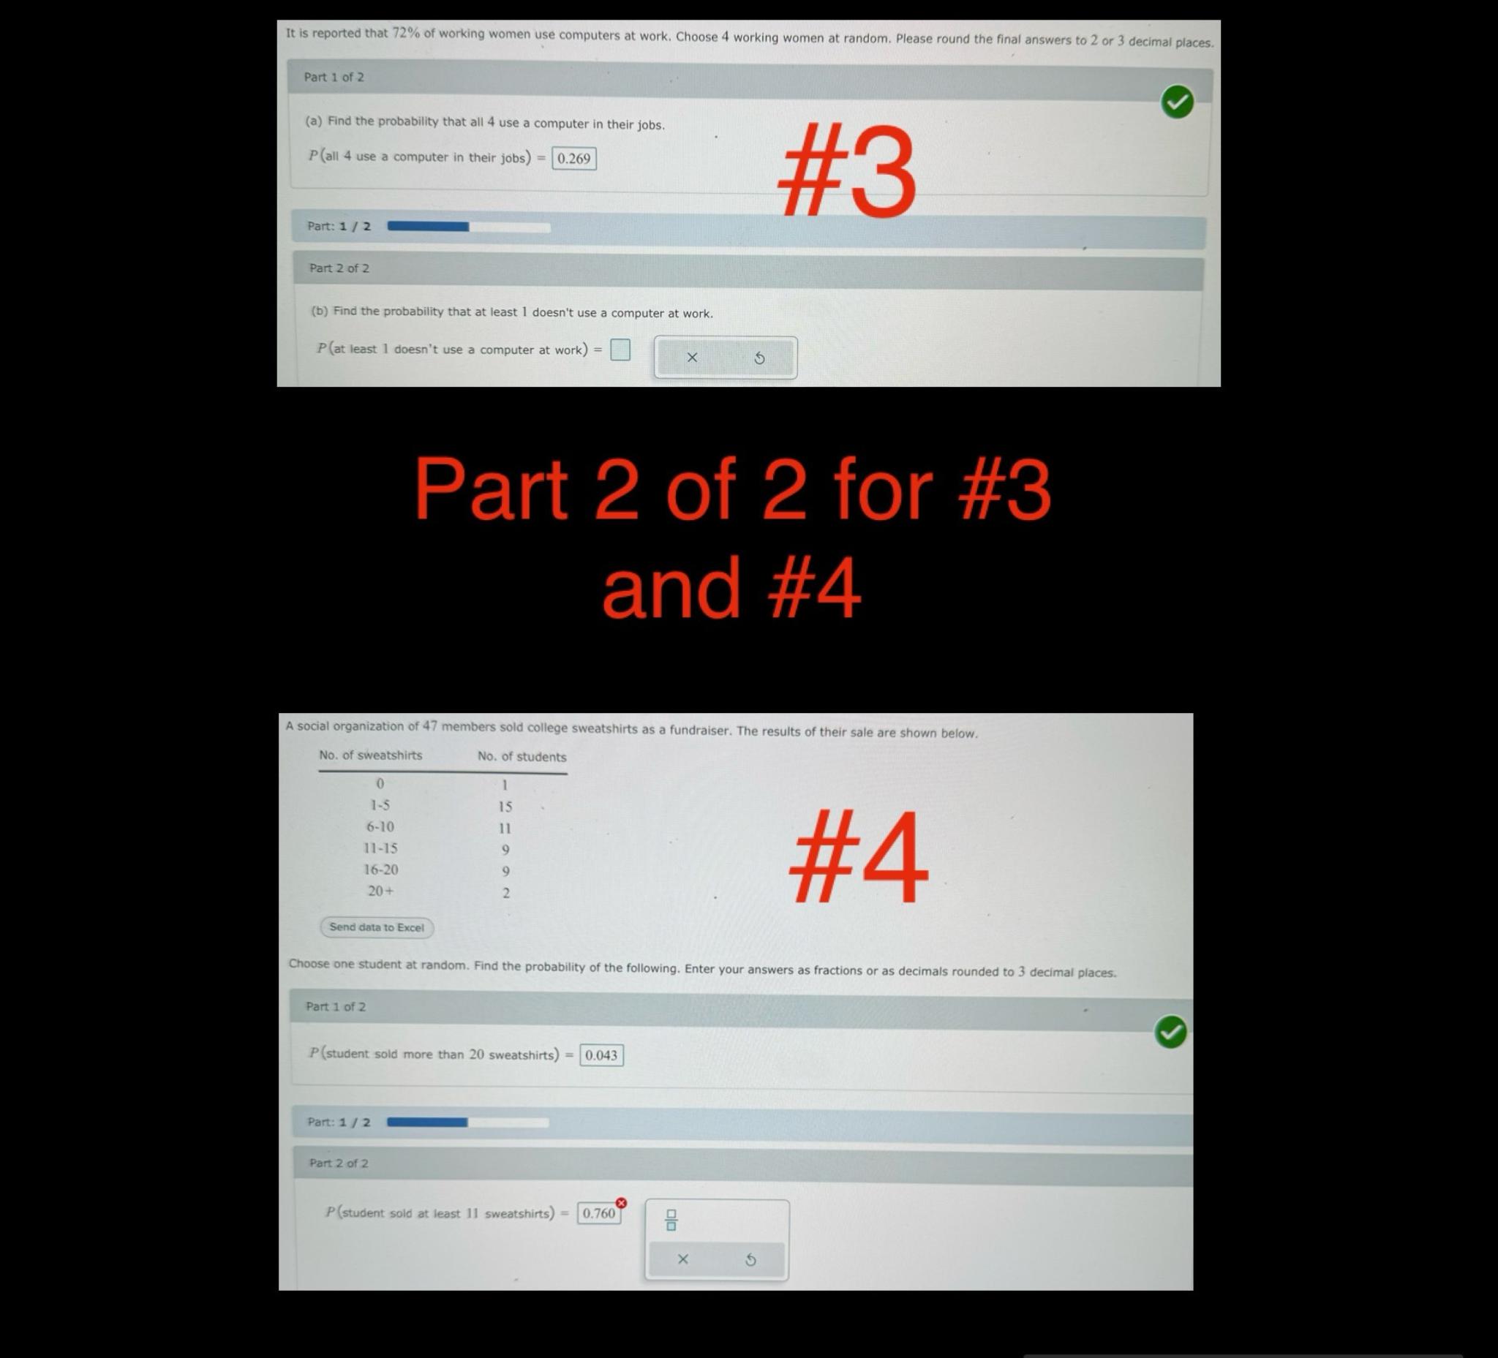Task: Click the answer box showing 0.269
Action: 573,158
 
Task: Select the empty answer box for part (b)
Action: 620,349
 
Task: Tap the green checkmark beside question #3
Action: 1177,102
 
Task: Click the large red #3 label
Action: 846,172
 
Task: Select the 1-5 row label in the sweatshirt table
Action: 380,805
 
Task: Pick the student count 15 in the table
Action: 505,807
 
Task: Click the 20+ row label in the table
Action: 380,891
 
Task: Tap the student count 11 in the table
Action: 505,829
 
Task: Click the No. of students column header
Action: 522,757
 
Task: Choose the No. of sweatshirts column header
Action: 370,755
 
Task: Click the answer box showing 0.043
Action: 601,1055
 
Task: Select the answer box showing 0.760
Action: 599,1213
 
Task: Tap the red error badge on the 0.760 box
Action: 621,1202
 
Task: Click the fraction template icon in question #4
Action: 671,1220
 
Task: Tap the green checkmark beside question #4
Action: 1170,1032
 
